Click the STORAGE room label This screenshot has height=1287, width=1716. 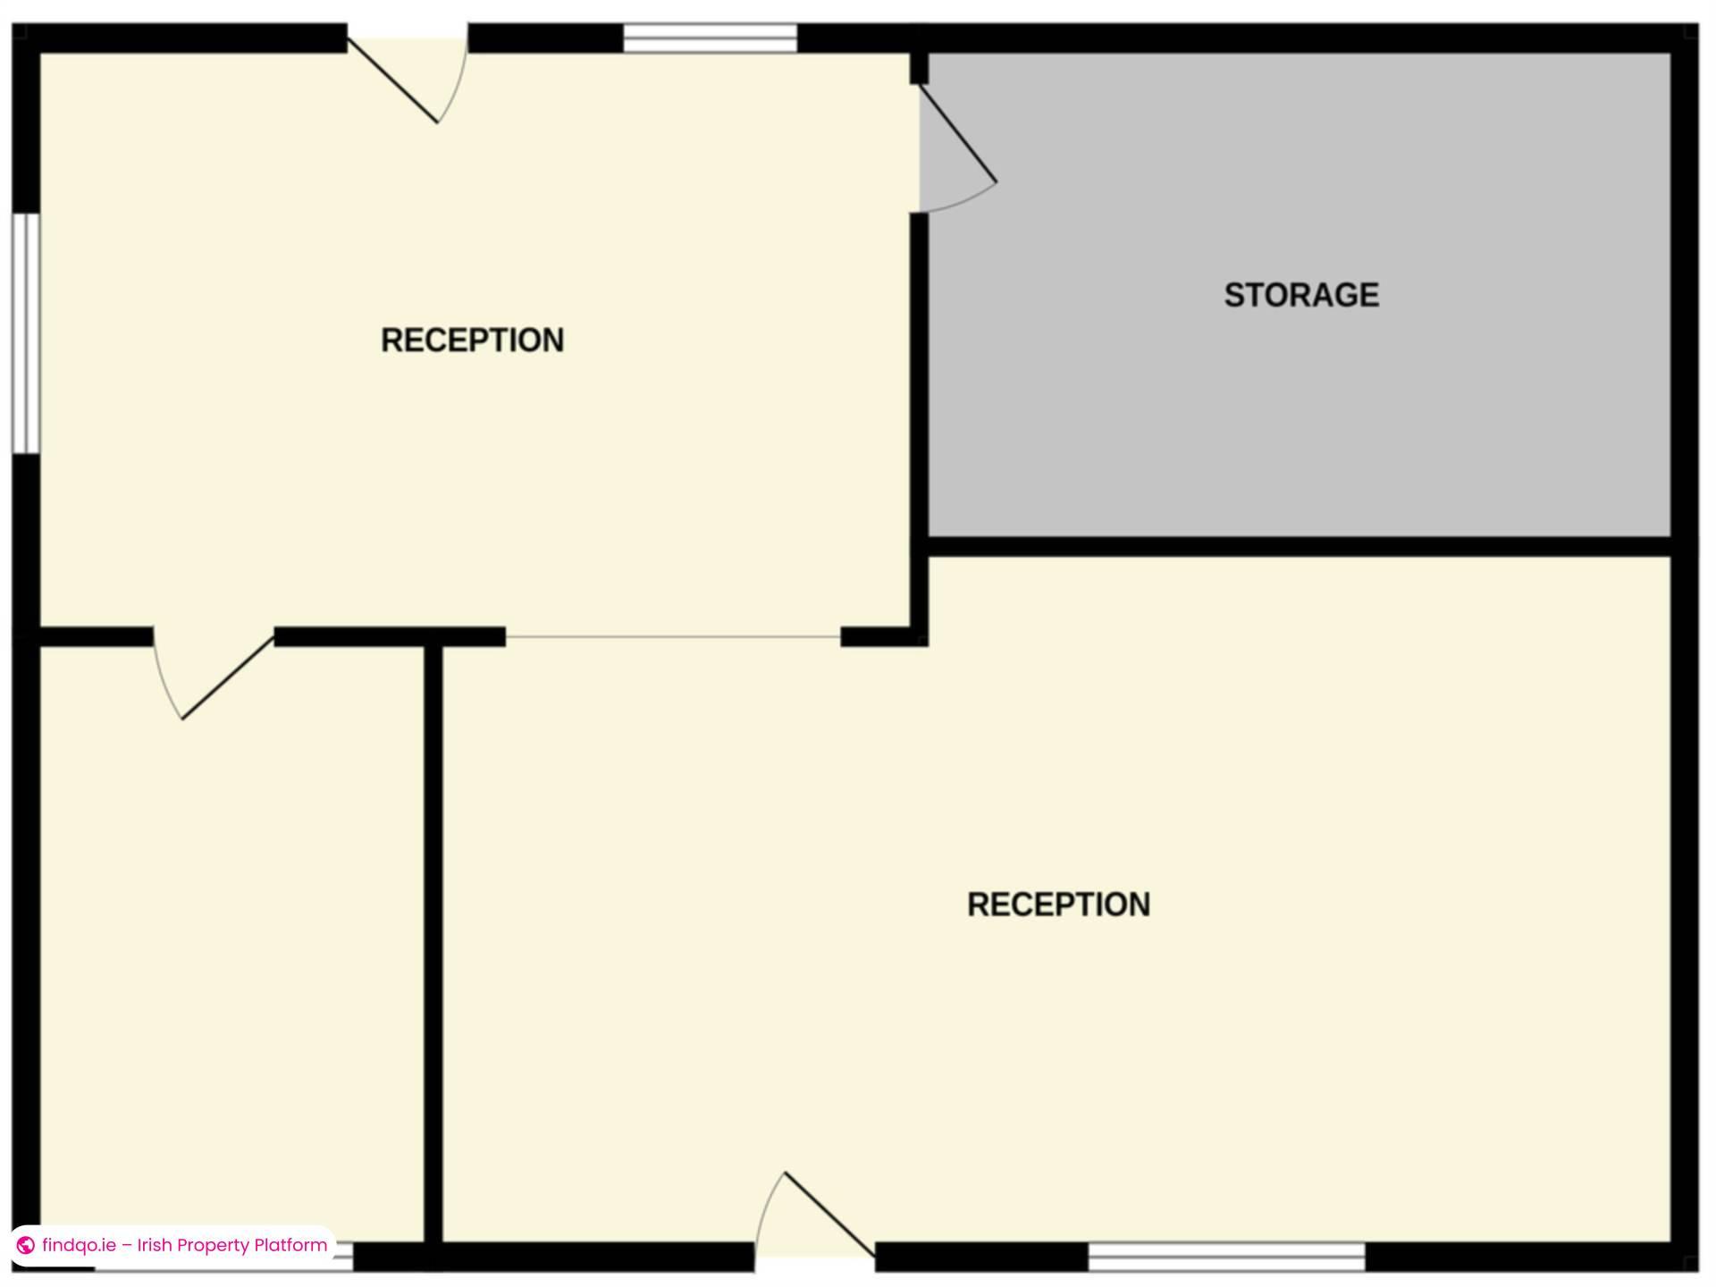pos(1300,295)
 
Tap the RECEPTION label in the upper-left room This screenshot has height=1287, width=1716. pos(472,341)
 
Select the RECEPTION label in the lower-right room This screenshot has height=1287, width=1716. pos(1058,904)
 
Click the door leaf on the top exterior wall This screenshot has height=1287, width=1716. pos(392,80)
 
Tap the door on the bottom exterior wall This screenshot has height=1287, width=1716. pos(829,1215)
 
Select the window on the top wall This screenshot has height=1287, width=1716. pos(710,38)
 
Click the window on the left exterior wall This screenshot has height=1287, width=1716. pos(26,332)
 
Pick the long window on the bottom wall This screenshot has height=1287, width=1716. pos(1225,1256)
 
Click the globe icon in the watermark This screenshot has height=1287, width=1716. pos(26,1245)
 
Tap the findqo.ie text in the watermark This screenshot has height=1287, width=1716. pos(79,1245)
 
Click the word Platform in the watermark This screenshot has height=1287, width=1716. pos(290,1245)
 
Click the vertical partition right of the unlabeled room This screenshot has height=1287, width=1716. pos(433,938)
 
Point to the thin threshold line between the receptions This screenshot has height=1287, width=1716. pos(673,637)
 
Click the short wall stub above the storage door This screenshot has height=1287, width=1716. pos(919,68)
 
